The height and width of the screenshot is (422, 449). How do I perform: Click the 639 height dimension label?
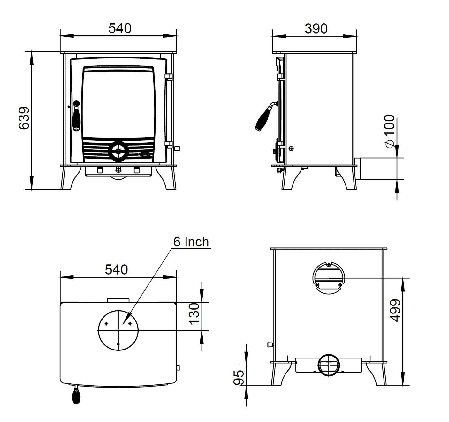tap(24, 118)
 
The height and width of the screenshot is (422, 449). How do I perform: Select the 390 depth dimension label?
tap(316, 29)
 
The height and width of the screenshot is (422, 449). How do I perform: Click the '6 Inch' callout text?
tap(191, 242)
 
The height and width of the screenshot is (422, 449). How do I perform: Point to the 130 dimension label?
tap(194, 314)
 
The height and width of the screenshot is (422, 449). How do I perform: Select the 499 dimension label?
tap(396, 310)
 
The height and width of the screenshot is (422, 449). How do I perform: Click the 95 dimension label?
tap(240, 378)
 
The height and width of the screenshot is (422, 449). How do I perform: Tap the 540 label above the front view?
tap(120, 28)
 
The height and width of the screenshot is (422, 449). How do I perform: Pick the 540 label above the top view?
tap(116, 270)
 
